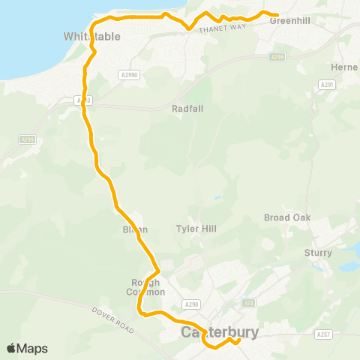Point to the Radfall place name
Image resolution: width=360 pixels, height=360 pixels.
pos(187,108)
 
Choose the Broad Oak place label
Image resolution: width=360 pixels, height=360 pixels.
pos(287,217)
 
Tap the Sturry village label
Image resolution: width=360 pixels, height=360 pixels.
pos(318,253)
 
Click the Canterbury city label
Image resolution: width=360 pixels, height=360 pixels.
pos(220,331)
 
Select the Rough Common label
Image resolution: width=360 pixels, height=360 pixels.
pos(142,287)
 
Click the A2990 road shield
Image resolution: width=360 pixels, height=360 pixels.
pos(128,75)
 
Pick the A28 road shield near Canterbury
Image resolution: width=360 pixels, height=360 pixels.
pos(249,303)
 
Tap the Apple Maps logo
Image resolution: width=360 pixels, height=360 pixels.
pos(27,348)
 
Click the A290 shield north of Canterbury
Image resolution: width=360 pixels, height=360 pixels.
pos(191,304)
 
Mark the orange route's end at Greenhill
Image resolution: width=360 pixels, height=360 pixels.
pos(277,15)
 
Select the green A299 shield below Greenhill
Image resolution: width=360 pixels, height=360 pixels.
pos(277,57)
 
